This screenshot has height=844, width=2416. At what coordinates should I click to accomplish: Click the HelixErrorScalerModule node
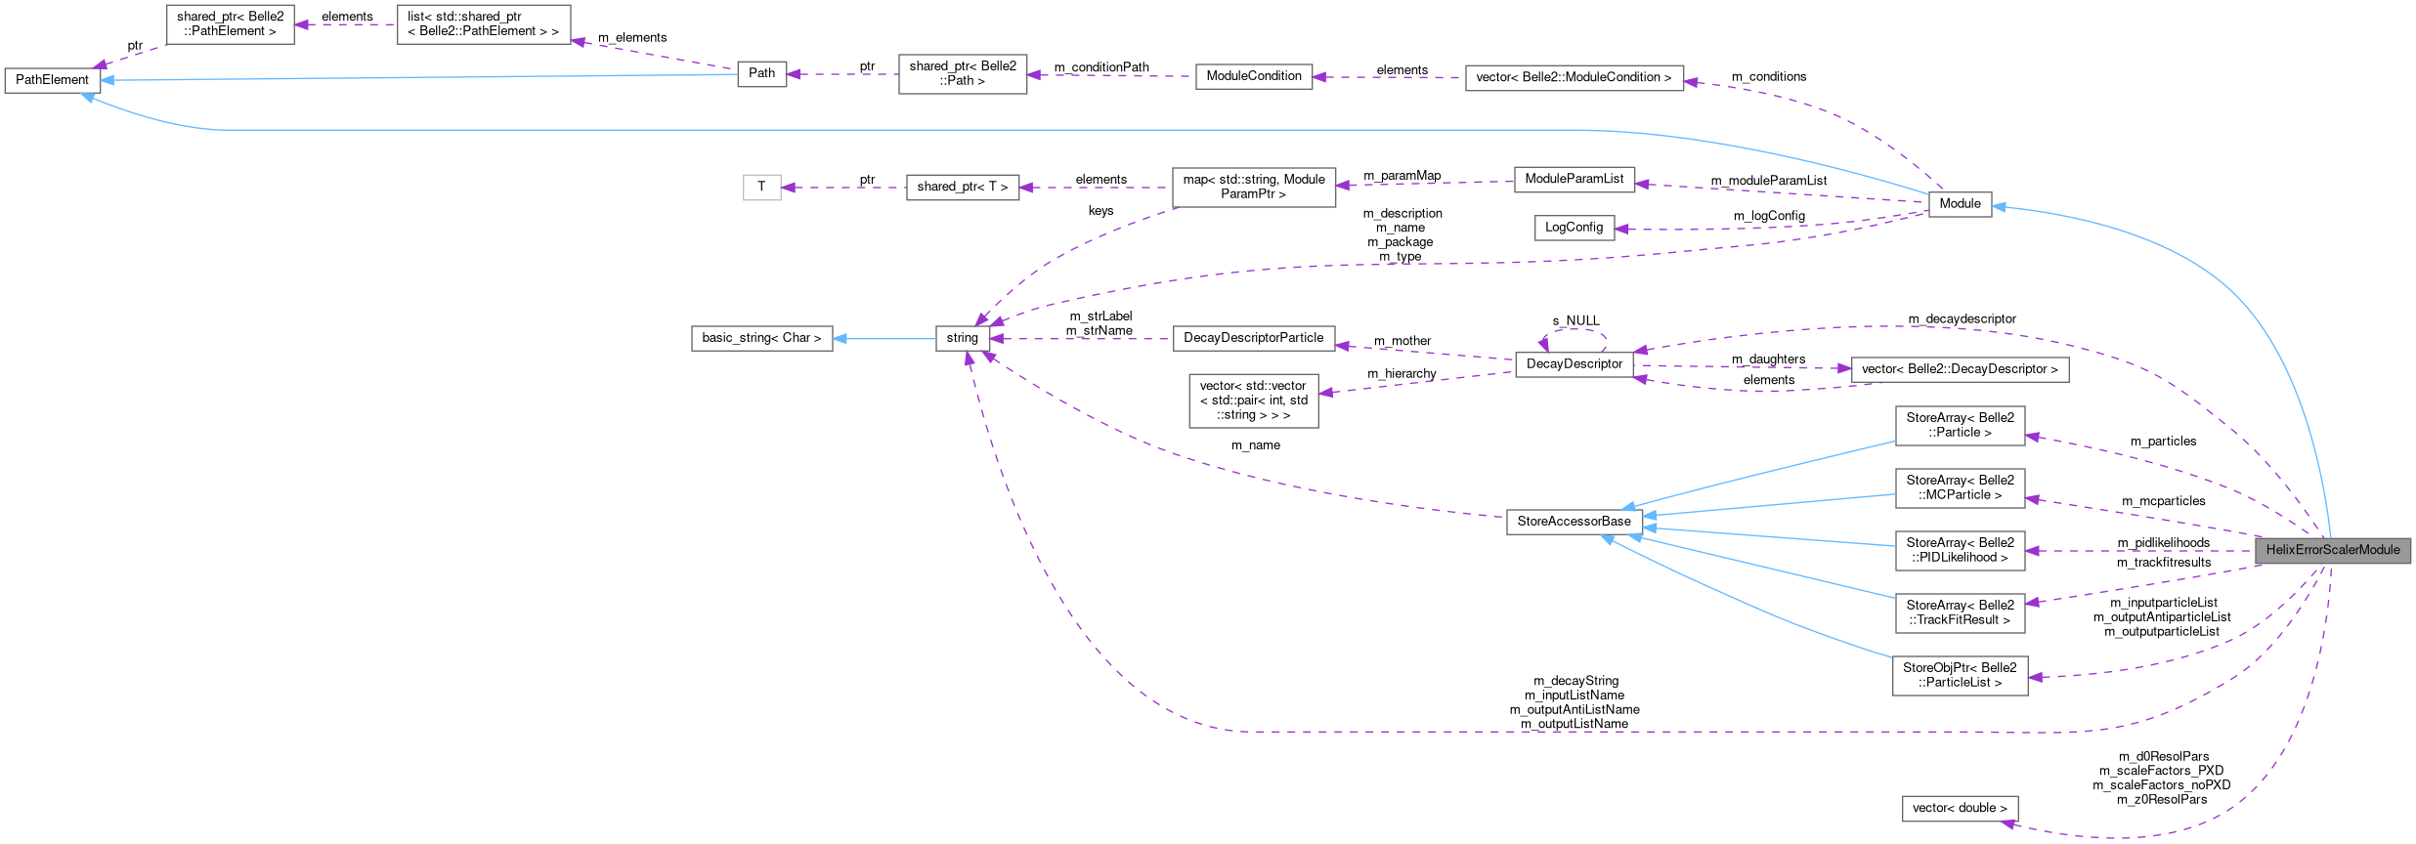[x=2332, y=550]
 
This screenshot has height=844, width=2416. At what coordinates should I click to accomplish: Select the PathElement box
[x=52, y=80]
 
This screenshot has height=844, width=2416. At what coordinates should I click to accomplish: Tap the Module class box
[x=1959, y=204]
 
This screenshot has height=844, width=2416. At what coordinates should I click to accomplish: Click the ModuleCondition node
[x=1253, y=76]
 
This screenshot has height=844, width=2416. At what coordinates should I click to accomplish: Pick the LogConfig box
[x=1574, y=228]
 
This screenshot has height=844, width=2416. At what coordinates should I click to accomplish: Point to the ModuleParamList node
[x=1574, y=179]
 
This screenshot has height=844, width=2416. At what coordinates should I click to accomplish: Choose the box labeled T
[x=761, y=187]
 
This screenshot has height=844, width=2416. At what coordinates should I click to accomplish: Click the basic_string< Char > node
[x=761, y=338]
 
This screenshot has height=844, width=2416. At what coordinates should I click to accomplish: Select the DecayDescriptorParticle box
[x=1253, y=338]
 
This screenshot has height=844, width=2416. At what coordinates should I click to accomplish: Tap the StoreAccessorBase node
[x=1574, y=522]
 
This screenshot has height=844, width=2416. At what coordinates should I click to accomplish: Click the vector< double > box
[x=1959, y=808]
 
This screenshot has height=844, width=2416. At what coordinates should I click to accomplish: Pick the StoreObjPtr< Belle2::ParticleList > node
[x=1959, y=675]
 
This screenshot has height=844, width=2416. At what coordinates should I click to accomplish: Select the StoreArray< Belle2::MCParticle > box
[x=1959, y=487]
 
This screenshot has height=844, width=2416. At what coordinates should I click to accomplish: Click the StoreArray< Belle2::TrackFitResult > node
[x=1959, y=612]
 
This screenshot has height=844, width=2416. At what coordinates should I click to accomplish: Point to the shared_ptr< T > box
[x=962, y=187]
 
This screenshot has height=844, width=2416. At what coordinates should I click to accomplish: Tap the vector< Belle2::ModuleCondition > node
[x=1574, y=77]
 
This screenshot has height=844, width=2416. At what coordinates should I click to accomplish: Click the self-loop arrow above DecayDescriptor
[x=1574, y=331]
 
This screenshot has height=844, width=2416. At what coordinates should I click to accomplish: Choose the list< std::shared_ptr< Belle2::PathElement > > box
[x=483, y=24]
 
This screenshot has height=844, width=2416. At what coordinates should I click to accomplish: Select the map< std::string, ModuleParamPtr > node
[x=1253, y=187]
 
